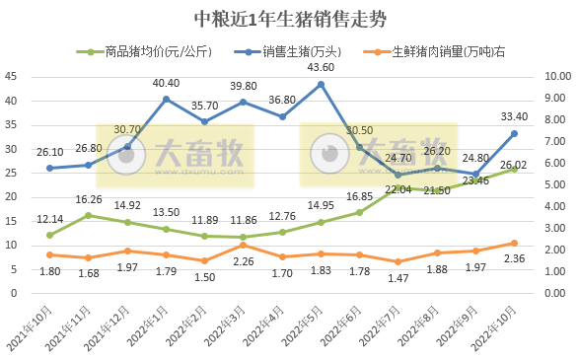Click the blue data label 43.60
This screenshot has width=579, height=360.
(x=321, y=67)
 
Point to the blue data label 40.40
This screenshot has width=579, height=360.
(x=166, y=83)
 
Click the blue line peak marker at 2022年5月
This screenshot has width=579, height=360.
(x=321, y=84)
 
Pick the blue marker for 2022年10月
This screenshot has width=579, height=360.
(x=514, y=133)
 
